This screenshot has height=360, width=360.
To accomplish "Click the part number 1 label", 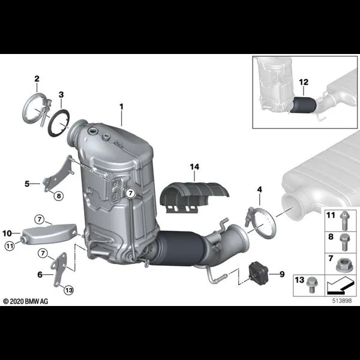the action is [x=121, y=107].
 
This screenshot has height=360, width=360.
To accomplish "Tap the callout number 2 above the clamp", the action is [x=37, y=79].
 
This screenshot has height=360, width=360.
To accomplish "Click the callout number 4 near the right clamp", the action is [x=259, y=190].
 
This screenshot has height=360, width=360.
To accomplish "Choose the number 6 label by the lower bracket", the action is [x=40, y=274].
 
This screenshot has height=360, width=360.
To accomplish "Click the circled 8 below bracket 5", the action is [x=59, y=196].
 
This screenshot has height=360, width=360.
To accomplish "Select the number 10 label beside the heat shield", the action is [x=7, y=233].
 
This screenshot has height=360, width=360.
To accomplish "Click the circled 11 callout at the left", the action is [x=10, y=247].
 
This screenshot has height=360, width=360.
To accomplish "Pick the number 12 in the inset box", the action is [x=304, y=82].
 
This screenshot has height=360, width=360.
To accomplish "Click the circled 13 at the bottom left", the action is [x=69, y=290].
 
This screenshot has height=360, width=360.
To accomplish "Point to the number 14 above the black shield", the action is [x=194, y=167].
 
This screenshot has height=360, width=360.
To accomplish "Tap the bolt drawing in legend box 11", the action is [x=344, y=220].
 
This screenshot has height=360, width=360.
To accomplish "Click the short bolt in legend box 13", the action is [x=311, y=284].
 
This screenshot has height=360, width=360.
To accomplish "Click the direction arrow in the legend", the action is [x=339, y=286].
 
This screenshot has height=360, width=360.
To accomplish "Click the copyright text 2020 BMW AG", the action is [x=26, y=301].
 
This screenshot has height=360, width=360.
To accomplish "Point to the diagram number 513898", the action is [x=342, y=301].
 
